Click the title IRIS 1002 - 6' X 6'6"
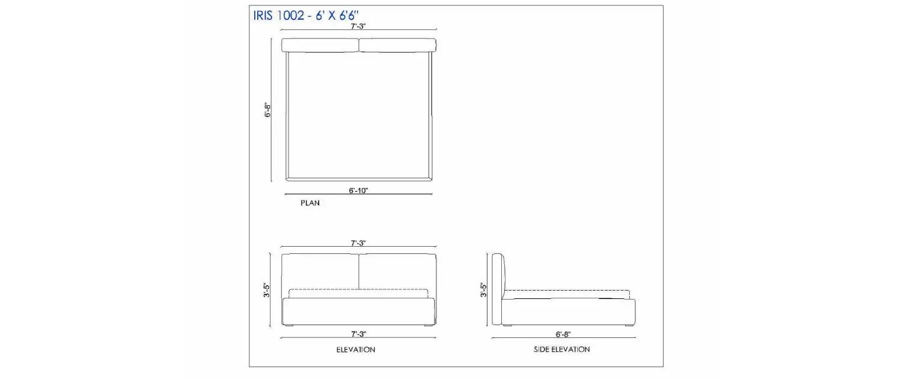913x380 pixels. [x=306, y=16]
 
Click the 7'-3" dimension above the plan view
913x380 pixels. [x=358, y=26]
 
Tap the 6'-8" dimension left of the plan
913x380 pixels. [x=267, y=110]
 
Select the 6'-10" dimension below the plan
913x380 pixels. [x=358, y=190]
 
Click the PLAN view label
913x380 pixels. [x=310, y=203]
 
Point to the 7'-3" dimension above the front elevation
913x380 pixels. [x=358, y=243]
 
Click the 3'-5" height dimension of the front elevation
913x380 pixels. [x=266, y=290]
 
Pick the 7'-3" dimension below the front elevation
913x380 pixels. [x=359, y=334]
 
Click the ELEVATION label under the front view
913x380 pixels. [x=356, y=349]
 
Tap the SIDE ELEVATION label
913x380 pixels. [x=561, y=349]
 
